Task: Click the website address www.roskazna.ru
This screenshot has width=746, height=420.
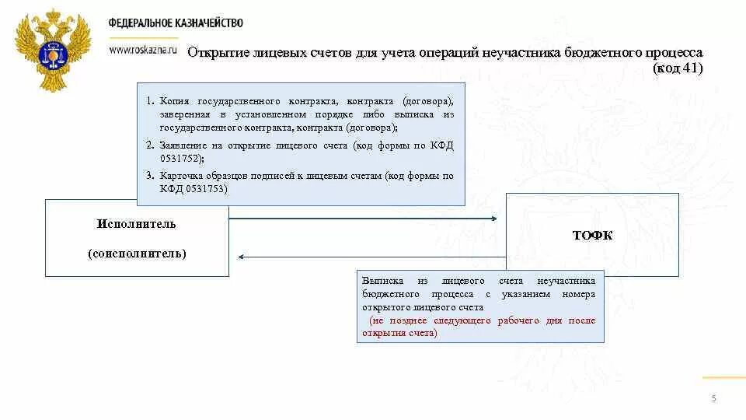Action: click(x=143, y=48)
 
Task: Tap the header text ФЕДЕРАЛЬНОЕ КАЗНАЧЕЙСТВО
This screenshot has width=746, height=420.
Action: click(x=176, y=23)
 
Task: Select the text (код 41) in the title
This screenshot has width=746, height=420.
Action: click(x=678, y=68)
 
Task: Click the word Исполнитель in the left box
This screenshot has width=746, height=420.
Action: click(x=137, y=224)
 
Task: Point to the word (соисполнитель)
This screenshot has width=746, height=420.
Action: click(x=137, y=254)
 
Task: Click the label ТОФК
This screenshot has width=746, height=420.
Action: click(x=592, y=236)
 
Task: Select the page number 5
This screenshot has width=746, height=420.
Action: click(x=713, y=399)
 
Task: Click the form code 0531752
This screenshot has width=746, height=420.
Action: click(x=180, y=158)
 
